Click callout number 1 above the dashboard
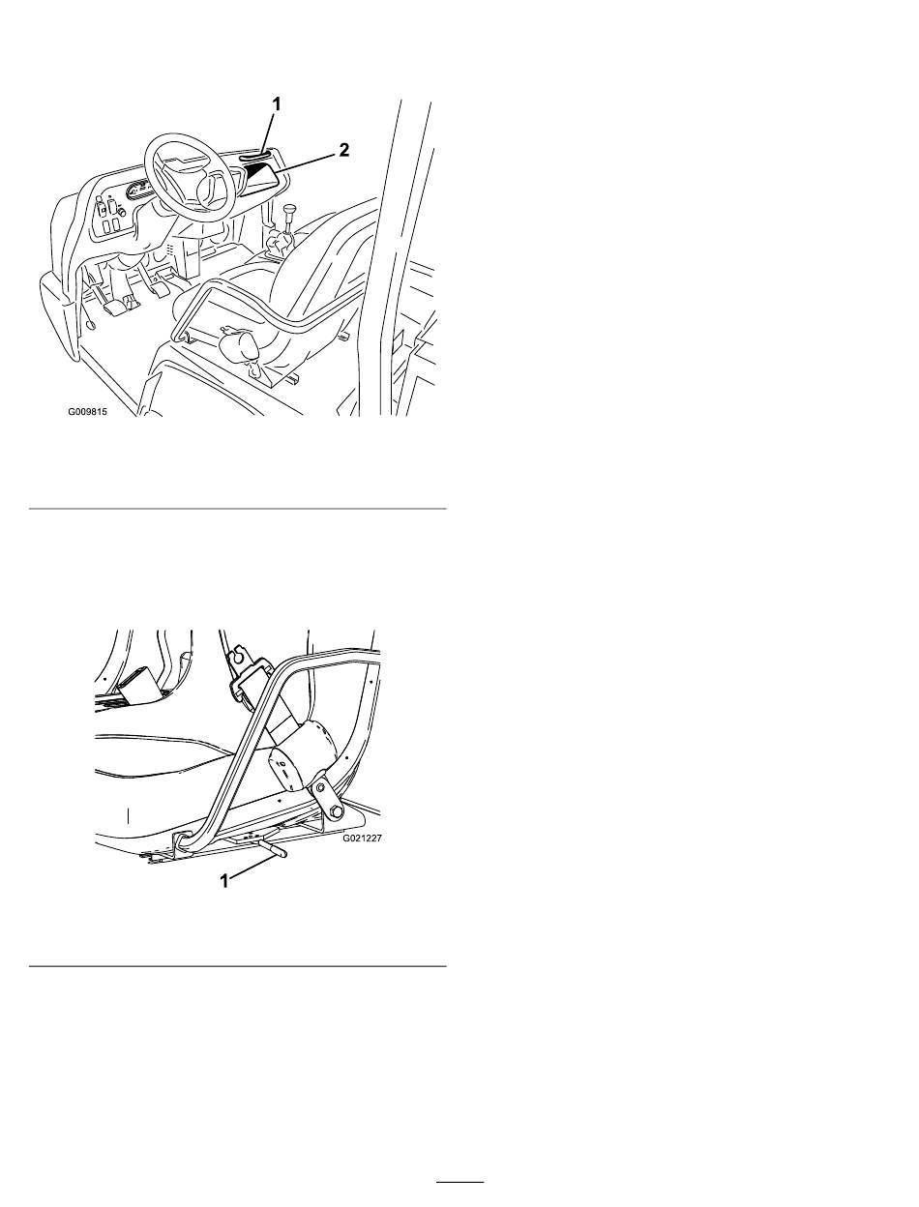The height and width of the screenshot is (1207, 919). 278,103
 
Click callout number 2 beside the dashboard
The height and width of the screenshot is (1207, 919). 343,150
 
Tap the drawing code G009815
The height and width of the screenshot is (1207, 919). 87,411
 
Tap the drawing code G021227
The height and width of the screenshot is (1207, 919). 362,838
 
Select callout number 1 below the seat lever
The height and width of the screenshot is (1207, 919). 223,881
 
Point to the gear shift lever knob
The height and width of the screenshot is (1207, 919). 289,211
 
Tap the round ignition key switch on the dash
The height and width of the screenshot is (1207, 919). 122,213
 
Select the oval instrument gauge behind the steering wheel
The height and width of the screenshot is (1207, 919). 138,192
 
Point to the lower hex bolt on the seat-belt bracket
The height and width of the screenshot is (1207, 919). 335,811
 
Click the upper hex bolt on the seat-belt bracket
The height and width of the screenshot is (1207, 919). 319,789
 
